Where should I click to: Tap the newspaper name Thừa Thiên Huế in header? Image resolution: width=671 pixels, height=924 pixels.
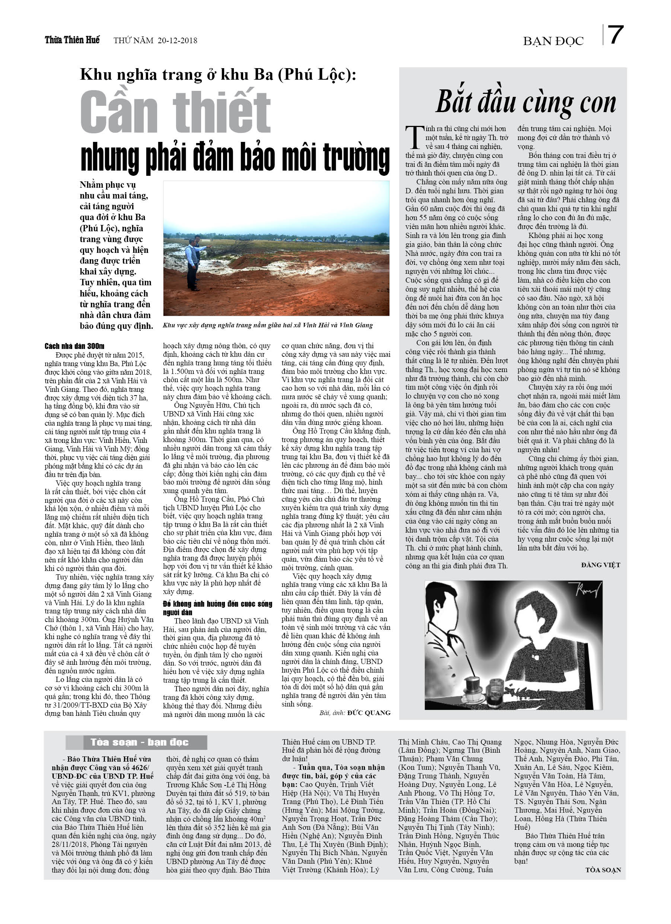click(x=72, y=40)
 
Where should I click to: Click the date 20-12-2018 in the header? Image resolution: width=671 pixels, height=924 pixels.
click(x=177, y=40)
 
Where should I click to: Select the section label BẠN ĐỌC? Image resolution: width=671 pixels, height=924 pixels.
click(x=553, y=41)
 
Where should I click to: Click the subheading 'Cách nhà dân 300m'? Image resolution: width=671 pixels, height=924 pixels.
click(x=74, y=346)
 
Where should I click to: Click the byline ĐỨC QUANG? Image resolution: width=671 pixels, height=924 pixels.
click(x=369, y=712)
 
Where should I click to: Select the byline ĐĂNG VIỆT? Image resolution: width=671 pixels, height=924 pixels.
click(x=601, y=565)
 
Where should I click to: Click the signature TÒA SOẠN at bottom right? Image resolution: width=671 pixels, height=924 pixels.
click(x=603, y=870)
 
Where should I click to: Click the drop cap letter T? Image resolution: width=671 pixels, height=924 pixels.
click(x=415, y=138)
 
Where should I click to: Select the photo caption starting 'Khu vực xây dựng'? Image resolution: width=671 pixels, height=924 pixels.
click(x=267, y=325)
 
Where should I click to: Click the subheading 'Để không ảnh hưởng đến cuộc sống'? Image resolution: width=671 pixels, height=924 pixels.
click(x=217, y=607)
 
